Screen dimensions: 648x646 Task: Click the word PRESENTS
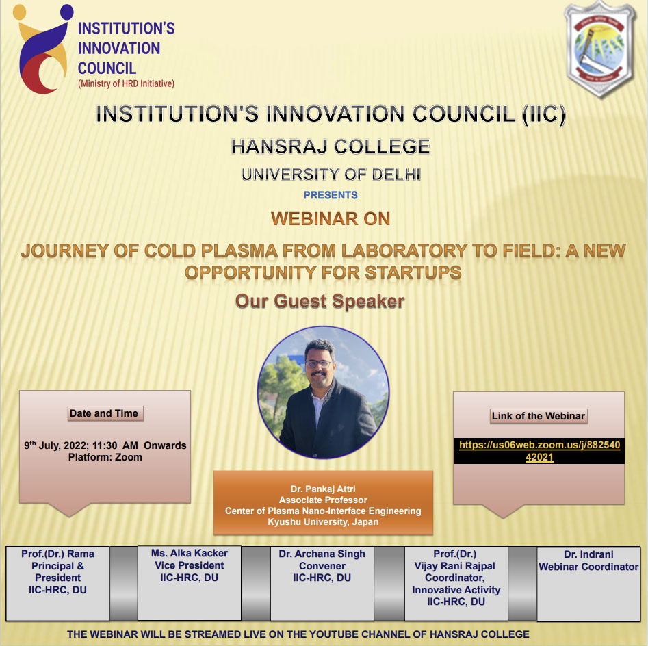tap(331, 195)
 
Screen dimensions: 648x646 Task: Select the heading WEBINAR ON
tap(331, 218)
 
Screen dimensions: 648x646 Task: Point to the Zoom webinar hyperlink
tap(539, 451)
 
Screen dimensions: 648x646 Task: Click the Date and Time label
tap(104, 413)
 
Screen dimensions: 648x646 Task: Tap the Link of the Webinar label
tap(539, 416)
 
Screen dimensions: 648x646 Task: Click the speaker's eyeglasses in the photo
tap(319, 363)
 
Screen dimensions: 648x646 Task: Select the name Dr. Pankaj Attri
tap(323, 489)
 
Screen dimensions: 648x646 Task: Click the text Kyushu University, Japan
tap(323, 522)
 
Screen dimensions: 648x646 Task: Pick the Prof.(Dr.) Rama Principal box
tap(58, 583)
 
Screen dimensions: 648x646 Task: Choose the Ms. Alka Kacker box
tap(190, 583)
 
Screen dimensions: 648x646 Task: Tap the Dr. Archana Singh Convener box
tap(322, 583)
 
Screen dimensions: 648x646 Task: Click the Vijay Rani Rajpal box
tap(456, 583)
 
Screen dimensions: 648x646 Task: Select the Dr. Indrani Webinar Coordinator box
tap(588, 584)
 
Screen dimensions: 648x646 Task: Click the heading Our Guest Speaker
tap(320, 301)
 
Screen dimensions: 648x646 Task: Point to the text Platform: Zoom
tap(105, 457)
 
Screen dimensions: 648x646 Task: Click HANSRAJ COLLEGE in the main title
tap(331, 146)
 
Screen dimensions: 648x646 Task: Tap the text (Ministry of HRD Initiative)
tap(126, 83)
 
